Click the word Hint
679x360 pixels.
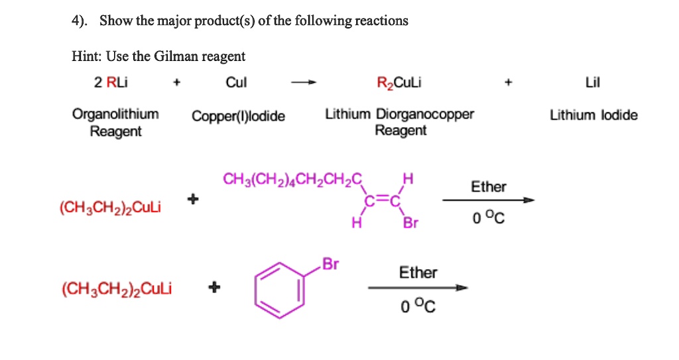[85, 56]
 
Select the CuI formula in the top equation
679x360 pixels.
[236, 82]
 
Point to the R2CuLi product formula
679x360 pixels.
[399, 83]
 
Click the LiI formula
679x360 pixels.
[593, 82]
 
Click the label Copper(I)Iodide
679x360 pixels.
[239, 117]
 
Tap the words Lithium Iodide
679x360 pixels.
[593, 115]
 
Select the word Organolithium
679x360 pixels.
[115, 114]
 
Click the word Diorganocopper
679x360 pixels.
[425, 114]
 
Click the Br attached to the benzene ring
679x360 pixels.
[330, 264]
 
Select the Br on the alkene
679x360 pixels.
[411, 223]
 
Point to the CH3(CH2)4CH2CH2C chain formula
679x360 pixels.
[293, 179]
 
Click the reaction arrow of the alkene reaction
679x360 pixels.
[488, 200]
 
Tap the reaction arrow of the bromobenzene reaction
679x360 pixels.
[418, 288]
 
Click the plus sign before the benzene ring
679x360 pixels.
[213, 288]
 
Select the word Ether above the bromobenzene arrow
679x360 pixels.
[418, 272]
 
